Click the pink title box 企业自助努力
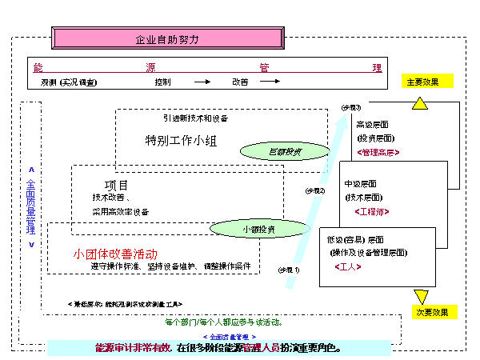pos(166,38)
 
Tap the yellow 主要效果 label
pos(426,81)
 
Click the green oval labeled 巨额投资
pos(285,150)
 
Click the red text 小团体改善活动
pos(115,254)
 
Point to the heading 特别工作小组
pos(181,141)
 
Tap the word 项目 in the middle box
pos(117,185)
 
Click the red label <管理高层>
pos(380,152)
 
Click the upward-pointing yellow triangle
pos(421,102)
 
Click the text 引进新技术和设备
pos(195,118)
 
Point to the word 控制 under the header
pos(162,82)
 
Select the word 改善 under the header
pos(240,82)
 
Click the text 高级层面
pos(374,124)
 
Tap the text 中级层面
pos(362,183)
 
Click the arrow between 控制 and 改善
pos(202,82)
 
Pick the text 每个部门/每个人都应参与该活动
pos(223,322)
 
